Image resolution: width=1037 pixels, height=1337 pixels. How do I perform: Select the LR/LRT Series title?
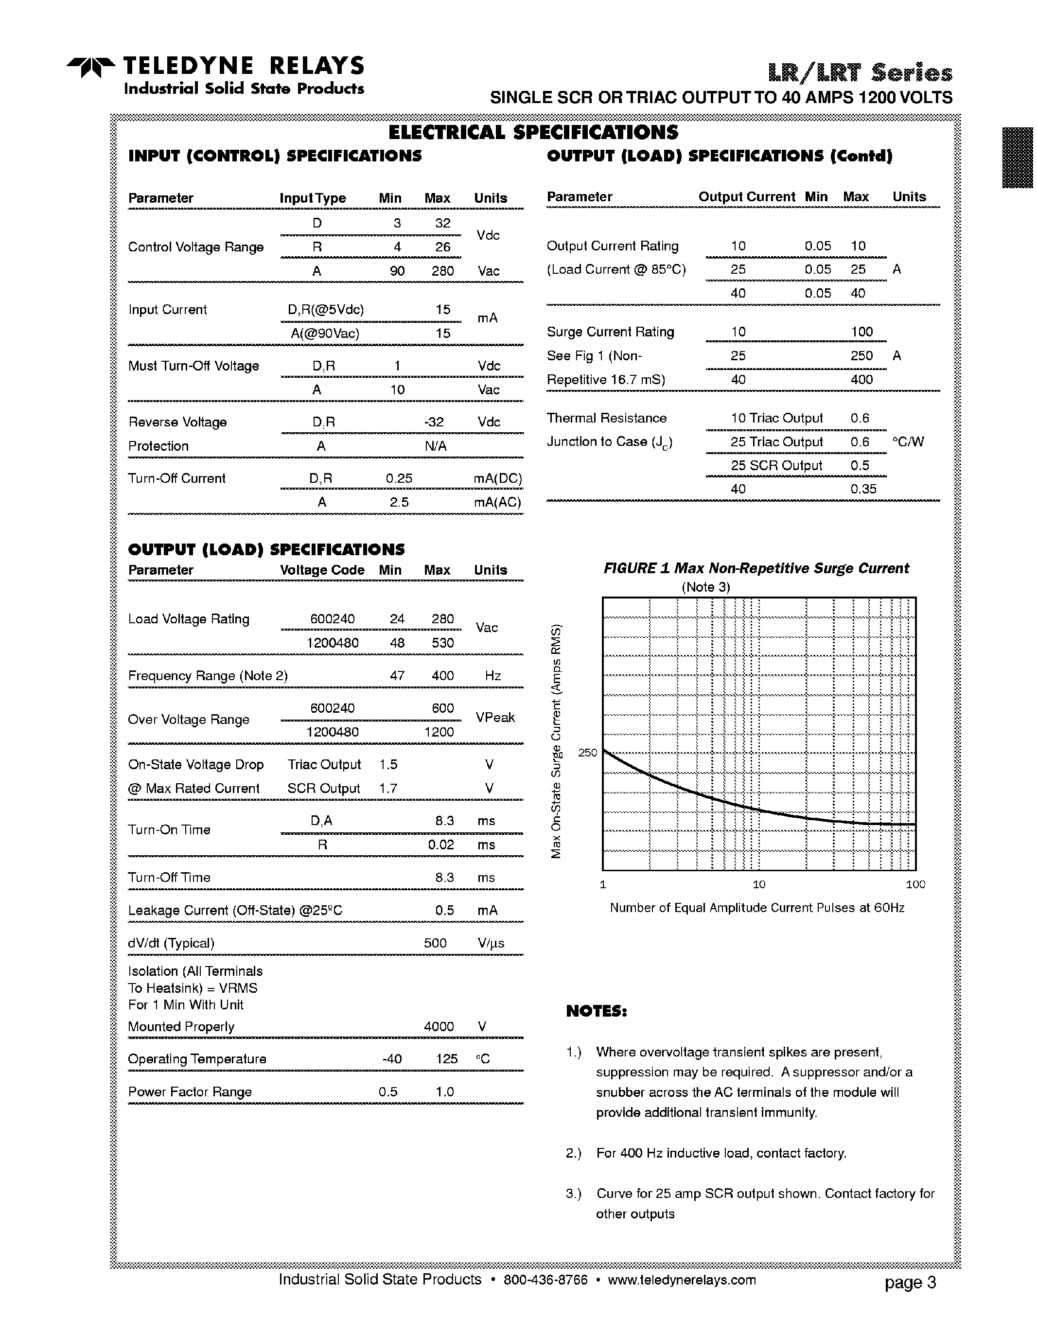click(x=860, y=73)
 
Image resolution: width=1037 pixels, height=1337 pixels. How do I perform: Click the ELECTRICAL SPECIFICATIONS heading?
click(x=533, y=132)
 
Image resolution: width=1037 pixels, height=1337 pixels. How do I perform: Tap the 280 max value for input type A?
click(x=442, y=271)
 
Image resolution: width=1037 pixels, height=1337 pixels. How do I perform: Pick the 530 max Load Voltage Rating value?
click(x=442, y=643)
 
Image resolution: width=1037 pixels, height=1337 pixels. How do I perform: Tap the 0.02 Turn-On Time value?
click(x=441, y=845)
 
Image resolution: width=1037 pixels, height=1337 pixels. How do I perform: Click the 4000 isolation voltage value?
click(x=439, y=1027)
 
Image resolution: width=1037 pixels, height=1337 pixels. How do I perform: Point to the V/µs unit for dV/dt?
click(x=491, y=943)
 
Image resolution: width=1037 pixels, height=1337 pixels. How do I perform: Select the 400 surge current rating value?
click(x=861, y=380)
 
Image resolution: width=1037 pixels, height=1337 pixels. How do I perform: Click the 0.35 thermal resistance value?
click(x=863, y=489)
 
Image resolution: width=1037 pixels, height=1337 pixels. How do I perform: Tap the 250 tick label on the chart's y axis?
click(x=587, y=753)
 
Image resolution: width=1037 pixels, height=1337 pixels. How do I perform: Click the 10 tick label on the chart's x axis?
click(x=758, y=884)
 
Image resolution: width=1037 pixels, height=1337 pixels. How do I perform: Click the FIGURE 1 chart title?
click(x=756, y=569)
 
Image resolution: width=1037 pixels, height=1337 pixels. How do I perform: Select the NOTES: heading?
click(x=596, y=1011)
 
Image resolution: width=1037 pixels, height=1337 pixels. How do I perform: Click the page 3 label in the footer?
click(x=910, y=1283)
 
